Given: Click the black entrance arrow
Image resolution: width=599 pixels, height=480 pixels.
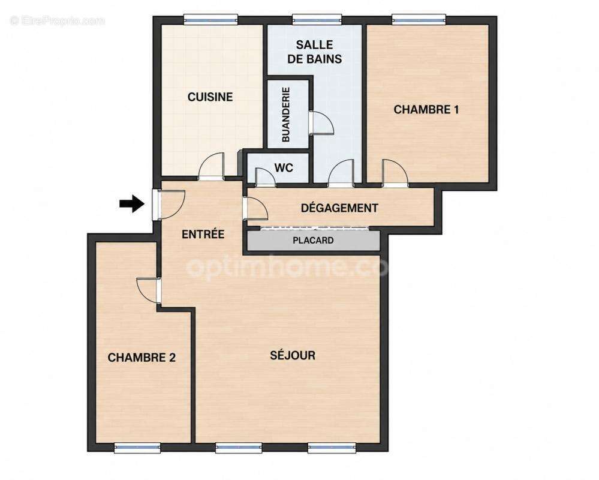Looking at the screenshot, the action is pos(132,203).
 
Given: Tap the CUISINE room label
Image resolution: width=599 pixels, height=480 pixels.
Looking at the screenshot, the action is pos(210,97).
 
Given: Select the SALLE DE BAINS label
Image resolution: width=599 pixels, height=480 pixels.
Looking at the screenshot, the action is pos(314,52).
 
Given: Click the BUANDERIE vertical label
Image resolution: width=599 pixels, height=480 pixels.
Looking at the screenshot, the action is pos(285,115).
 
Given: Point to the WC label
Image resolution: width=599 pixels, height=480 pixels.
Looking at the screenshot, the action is pos(284,167).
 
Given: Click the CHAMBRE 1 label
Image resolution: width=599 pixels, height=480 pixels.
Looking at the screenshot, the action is pos(426,110).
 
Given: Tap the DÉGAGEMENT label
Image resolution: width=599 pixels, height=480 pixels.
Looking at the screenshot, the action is pos(339,208).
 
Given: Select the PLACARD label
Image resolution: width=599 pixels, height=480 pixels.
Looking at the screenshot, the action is pos(313,241).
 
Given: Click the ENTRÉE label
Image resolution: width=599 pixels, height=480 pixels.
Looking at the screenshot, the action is pos(203,234).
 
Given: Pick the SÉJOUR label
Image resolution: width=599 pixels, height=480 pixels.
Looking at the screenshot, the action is pos(293,355).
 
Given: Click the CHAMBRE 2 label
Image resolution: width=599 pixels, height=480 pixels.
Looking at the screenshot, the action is pos(142,358).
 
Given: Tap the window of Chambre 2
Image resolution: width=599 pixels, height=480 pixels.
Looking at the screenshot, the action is pos(137,448).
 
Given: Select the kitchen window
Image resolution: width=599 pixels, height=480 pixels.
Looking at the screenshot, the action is pos(210,19).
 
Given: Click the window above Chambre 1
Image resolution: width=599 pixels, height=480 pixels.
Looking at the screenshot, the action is pos(419,19).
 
